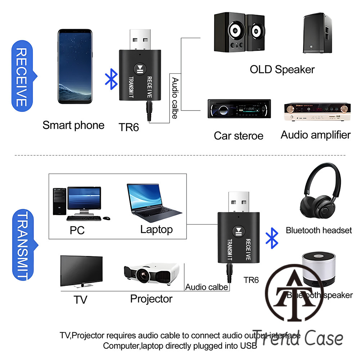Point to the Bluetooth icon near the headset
click(x=272, y=238)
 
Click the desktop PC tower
click(x=59, y=202)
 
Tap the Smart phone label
click(x=73, y=125)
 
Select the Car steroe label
click(x=238, y=136)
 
